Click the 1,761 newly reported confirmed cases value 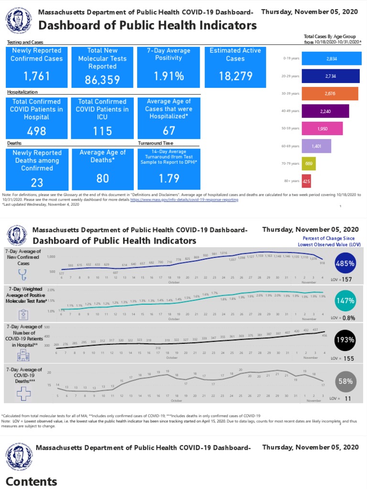(37, 76)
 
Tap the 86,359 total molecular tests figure (102, 80)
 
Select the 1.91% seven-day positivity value (169, 76)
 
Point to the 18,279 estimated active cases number (235, 76)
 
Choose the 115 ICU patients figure (102, 131)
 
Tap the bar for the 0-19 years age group (331, 58)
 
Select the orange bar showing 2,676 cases (330, 94)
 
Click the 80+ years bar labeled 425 (306, 181)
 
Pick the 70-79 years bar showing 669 (309, 164)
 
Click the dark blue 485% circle (345, 263)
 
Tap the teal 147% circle (345, 300)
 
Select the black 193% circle (345, 340)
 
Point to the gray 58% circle (345, 381)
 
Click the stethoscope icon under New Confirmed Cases (22, 275)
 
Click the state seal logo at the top (20, 20)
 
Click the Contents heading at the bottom (32, 481)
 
